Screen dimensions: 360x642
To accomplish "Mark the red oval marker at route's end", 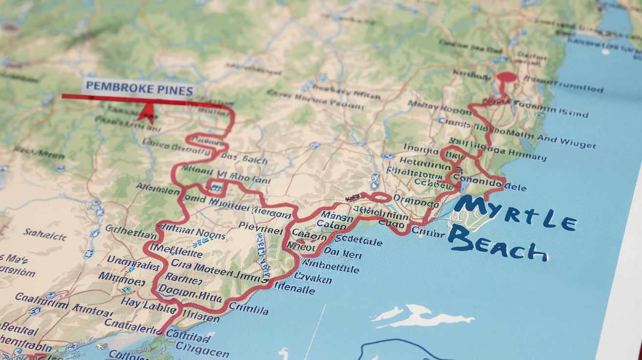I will click(506, 77).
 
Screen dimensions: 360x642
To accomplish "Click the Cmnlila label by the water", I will click(249, 309).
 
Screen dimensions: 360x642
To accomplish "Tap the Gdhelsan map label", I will click(131, 229).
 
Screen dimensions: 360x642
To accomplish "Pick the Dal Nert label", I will click(343, 254).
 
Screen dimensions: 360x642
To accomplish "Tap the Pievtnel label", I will click(261, 226).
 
